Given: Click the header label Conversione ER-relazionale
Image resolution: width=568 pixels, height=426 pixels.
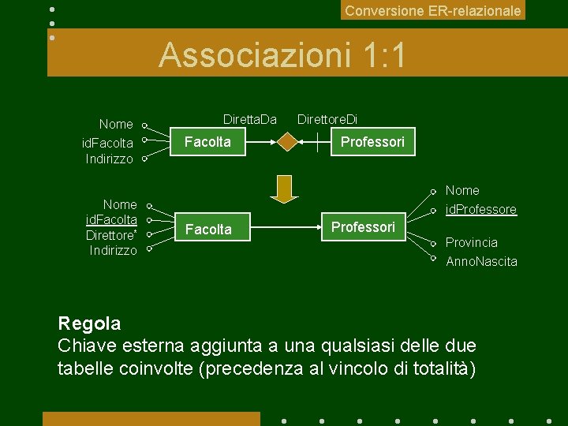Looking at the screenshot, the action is [x=433, y=11].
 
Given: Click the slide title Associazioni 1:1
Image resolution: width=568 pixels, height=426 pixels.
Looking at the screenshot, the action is [x=282, y=55].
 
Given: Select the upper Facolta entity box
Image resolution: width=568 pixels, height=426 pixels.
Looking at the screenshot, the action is [x=207, y=142].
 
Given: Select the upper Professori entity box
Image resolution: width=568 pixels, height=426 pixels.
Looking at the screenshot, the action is [x=372, y=142].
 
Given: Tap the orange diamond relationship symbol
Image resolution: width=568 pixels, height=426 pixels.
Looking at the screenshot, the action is [x=287, y=142].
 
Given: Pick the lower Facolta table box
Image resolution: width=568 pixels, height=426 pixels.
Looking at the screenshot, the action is [x=208, y=230].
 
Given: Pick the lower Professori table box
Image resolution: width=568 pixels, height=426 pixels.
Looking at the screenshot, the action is [x=363, y=227].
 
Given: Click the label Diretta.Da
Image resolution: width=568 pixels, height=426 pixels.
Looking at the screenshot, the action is [x=249, y=120].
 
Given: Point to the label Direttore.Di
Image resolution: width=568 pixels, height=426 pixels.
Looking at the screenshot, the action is [x=327, y=120].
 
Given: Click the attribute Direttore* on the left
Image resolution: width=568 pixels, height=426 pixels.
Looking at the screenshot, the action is [x=111, y=235].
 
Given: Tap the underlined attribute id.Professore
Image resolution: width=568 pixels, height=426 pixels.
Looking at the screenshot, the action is [x=481, y=210].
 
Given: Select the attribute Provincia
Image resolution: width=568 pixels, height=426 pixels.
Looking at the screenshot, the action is [x=472, y=243].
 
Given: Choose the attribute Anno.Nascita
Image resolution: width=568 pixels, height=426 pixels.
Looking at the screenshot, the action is [x=481, y=261].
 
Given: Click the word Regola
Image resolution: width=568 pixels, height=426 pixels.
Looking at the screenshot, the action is [x=89, y=323].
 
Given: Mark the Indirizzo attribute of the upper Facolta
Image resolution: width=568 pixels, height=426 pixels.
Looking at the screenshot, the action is [x=110, y=159].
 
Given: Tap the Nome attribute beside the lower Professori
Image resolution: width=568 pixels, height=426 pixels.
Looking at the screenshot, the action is [x=462, y=191].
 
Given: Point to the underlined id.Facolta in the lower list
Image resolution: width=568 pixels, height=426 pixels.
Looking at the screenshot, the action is [x=111, y=219].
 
